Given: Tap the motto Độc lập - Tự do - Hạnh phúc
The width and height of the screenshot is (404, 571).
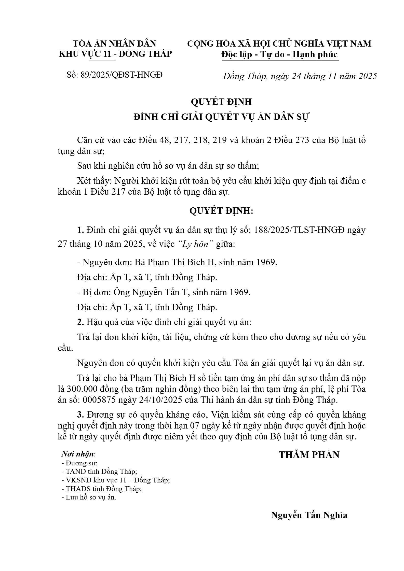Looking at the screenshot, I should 279,54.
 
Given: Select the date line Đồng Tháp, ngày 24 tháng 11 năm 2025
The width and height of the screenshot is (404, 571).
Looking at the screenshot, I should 300,76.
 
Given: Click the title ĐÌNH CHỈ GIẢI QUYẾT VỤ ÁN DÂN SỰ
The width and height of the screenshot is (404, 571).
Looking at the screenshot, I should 221,117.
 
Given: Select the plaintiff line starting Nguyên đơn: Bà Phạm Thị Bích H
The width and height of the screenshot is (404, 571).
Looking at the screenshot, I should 177,262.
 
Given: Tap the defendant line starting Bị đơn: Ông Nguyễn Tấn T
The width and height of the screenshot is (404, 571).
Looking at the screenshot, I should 164,292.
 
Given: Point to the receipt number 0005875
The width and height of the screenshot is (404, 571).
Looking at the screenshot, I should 100,400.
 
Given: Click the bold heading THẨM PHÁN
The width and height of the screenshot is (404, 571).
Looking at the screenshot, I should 309,455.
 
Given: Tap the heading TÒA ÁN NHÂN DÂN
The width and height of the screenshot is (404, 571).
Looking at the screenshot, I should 115,44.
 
